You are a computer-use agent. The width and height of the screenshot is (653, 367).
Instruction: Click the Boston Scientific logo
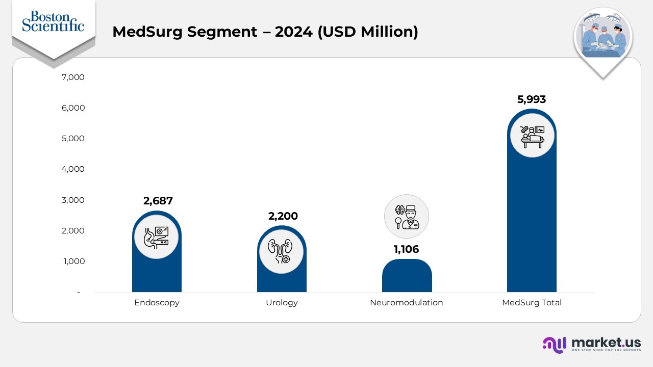click(x=53, y=21)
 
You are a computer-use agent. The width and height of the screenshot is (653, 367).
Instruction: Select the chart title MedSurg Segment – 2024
click(x=265, y=32)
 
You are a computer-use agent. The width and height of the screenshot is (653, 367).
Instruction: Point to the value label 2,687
click(x=158, y=201)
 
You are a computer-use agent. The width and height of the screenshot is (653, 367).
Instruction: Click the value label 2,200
click(x=283, y=216)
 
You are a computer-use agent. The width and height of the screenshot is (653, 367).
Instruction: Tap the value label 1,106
click(x=406, y=249)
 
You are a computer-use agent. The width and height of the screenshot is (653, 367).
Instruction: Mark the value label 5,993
click(x=532, y=99)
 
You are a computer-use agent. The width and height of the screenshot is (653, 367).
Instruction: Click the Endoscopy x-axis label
click(x=157, y=303)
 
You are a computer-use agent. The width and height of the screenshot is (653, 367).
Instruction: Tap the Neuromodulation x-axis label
click(x=406, y=303)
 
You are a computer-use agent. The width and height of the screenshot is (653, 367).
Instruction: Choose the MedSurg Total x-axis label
click(x=532, y=303)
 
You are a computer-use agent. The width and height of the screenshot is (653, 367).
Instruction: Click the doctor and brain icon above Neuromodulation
click(x=406, y=217)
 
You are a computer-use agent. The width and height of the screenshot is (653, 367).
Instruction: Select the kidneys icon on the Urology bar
click(x=282, y=251)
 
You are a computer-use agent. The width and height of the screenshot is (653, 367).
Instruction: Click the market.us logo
click(x=591, y=344)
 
